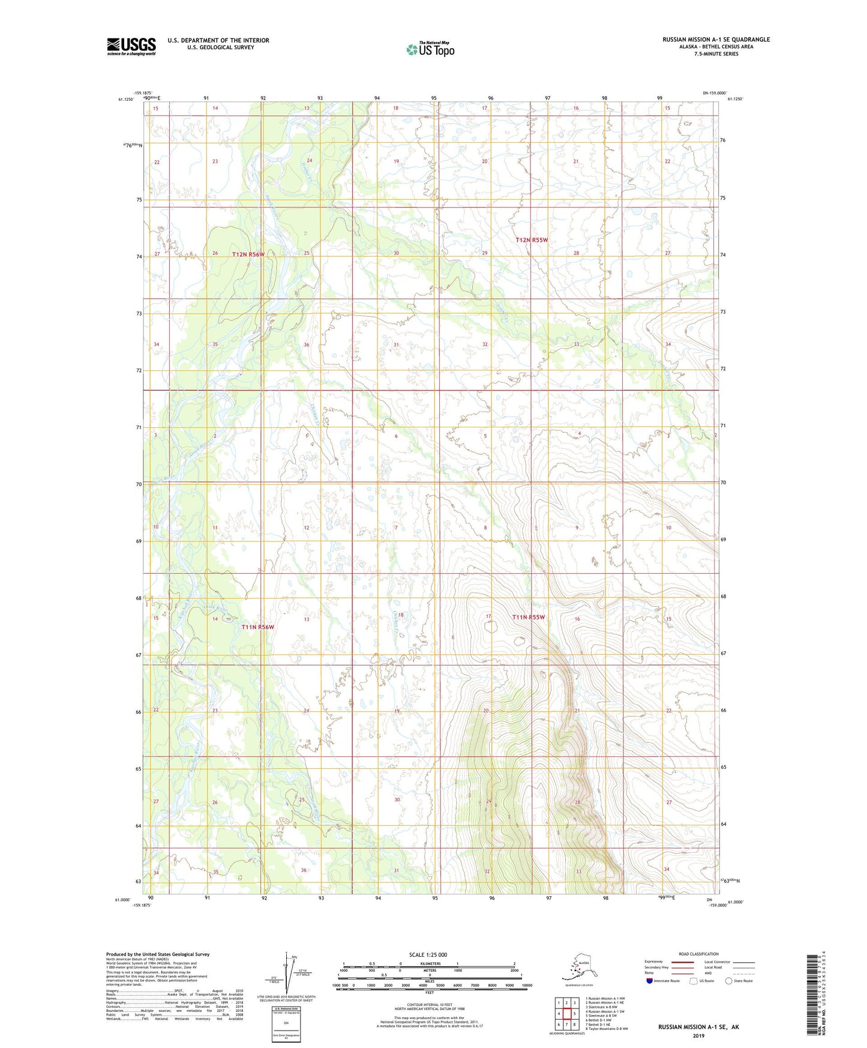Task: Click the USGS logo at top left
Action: pyautogui.click(x=131, y=46)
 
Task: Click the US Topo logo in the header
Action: pyautogui.click(x=430, y=49)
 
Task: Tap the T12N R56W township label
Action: pyautogui.click(x=248, y=254)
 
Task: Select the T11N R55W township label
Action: pyautogui.click(x=529, y=617)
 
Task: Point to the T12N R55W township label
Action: pyautogui.click(x=532, y=240)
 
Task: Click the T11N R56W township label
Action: pyautogui.click(x=257, y=627)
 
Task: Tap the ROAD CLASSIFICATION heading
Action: pyautogui.click(x=698, y=954)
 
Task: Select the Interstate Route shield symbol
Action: pyautogui.click(x=649, y=981)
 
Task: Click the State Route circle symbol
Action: pyautogui.click(x=729, y=981)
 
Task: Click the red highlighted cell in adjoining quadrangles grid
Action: pyautogui.click(x=566, y=1014)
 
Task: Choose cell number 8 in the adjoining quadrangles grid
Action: pyautogui.click(x=574, y=1025)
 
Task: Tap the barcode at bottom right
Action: pyautogui.click(x=812, y=995)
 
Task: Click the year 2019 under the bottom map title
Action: pyautogui.click(x=698, y=1035)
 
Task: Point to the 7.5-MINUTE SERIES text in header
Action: pyautogui.click(x=716, y=54)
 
